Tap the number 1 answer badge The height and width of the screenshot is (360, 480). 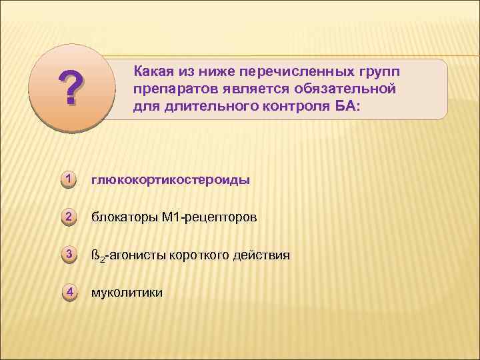[x=68, y=179]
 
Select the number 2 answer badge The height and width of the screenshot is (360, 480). [x=68, y=216]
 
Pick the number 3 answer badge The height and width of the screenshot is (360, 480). [x=68, y=254]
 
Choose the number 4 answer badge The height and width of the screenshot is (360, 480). [x=68, y=291]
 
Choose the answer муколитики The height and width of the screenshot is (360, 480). [x=127, y=293]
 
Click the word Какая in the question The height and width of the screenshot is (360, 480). [x=155, y=71]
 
